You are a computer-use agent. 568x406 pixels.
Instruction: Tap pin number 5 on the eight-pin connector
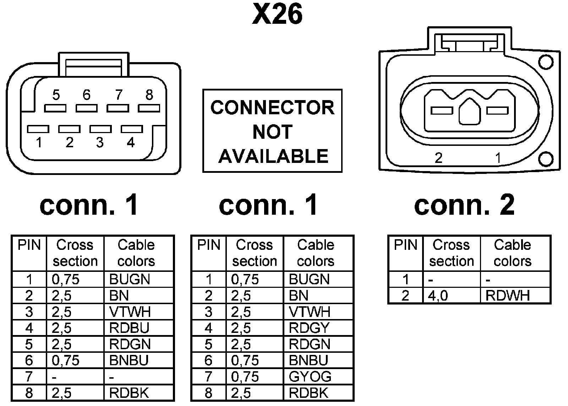click(55, 108)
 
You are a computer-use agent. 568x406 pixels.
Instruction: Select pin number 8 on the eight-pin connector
click(149, 108)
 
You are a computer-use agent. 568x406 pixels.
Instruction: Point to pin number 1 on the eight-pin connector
click(38, 129)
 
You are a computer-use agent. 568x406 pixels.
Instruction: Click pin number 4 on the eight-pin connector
click(132, 129)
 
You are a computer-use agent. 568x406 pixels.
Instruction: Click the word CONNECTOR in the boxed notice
click(272, 108)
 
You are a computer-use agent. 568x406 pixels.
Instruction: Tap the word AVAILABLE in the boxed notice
click(273, 156)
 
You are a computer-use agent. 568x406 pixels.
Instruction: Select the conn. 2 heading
click(464, 205)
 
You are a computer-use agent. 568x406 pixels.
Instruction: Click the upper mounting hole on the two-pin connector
click(545, 62)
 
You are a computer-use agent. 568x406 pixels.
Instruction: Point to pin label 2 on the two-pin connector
click(438, 158)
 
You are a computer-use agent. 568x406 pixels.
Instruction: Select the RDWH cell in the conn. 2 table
click(508, 296)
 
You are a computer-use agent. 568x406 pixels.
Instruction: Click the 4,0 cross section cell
click(438, 296)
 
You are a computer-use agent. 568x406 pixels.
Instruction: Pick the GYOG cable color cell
click(310, 377)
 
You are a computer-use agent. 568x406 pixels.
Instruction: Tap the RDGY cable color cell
click(309, 328)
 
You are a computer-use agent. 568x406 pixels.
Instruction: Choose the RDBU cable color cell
click(130, 328)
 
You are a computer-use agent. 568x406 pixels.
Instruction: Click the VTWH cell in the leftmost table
click(130, 312)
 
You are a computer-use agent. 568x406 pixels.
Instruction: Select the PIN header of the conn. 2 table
click(405, 245)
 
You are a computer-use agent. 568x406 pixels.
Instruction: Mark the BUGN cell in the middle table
click(309, 279)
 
